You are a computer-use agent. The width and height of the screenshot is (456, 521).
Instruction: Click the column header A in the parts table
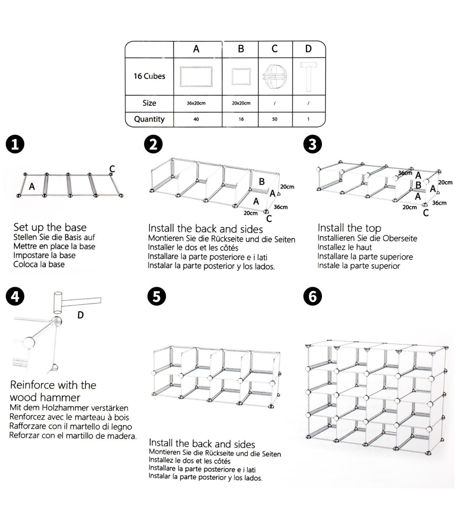(196, 49)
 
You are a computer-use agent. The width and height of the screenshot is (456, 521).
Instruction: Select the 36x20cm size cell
(196, 103)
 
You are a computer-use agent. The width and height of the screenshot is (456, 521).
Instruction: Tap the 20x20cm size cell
(241, 103)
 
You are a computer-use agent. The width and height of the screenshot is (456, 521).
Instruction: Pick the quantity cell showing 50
(275, 119)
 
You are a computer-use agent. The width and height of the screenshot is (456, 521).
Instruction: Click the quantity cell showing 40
(196, 119)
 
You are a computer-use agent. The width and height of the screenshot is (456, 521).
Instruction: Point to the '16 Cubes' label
(149, 76)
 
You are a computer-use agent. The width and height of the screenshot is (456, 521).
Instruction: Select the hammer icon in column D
(308, 76)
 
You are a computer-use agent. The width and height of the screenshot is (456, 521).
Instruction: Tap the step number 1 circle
(15, 144)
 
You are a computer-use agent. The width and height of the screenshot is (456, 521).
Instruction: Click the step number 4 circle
(15, 296)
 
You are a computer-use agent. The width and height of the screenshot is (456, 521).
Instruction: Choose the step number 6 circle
(313, 296)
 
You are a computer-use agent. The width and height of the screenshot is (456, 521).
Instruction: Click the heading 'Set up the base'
(50, 227)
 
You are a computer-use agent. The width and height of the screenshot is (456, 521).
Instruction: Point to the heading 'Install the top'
(349, 228)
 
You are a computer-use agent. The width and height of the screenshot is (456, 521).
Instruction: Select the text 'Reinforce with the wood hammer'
(53, 391)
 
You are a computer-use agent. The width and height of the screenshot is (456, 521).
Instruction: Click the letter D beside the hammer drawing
(80, 315)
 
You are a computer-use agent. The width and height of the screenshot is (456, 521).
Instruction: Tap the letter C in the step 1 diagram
(112, 169)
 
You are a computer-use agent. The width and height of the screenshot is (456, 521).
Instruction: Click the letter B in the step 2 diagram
(261, 182)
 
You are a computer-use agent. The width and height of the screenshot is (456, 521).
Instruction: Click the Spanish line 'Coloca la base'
(39, 265)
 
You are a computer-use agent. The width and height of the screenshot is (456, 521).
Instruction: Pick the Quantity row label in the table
(149, 119)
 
